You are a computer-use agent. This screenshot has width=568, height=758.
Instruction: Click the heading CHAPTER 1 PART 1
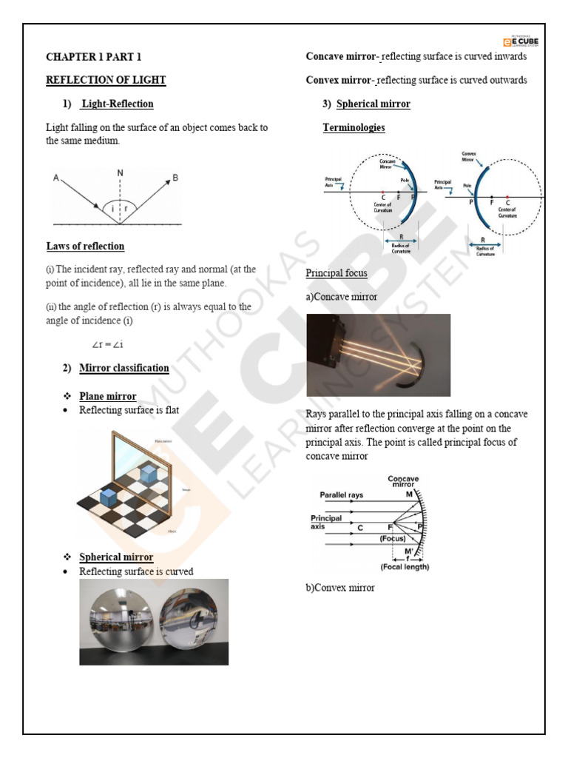[93, 56]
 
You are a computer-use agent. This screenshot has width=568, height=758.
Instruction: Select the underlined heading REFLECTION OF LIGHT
[106, 80]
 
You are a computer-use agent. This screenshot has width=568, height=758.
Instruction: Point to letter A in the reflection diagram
[56, 178]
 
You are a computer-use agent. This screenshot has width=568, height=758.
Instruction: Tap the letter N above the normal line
[120, 172]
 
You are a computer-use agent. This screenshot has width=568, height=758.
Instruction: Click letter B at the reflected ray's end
[175, 178]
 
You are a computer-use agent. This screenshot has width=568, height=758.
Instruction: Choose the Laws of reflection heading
[85, 246]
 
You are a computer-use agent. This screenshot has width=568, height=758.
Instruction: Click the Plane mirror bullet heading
[107, 396]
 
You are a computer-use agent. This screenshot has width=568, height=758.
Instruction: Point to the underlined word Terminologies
[354, 127]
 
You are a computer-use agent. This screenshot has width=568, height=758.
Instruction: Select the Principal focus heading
[337, 273]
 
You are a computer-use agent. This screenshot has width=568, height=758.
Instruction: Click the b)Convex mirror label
[340, 588]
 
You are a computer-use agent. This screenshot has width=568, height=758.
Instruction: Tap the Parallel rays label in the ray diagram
[341, 495]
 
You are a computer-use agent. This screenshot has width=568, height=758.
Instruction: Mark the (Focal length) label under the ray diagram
[404, 567]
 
